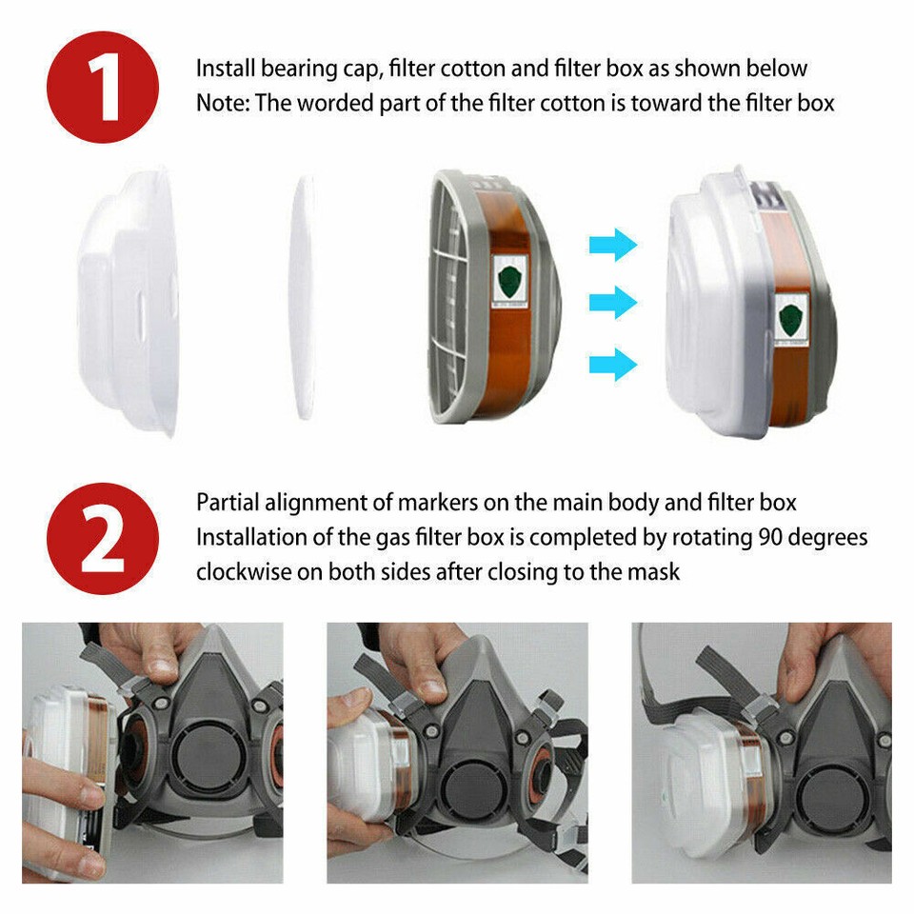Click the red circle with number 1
(103, 87)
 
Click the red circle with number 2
(103, 538)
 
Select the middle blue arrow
(612, 304)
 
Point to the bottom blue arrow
(612, 363)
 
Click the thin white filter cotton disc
(302, 297)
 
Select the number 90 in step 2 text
(772, 537)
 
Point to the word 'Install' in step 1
(226, 69)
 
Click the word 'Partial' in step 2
(228, 502)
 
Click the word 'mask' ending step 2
(657, 572)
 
